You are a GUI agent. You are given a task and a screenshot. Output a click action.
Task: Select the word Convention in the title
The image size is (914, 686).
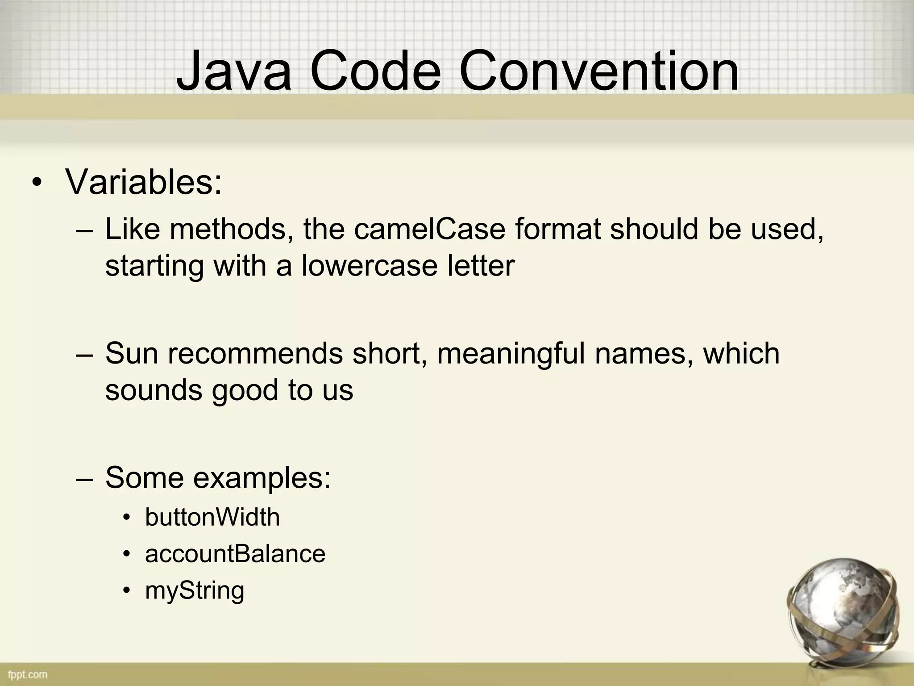[598, 71]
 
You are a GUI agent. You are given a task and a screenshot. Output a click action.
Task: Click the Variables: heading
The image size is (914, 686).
[143, 182]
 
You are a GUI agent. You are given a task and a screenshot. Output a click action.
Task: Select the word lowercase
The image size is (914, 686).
[369, 265]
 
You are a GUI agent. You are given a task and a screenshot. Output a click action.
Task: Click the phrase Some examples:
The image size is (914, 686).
[218, 477]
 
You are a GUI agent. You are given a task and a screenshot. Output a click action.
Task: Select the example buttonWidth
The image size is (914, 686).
[212, 517]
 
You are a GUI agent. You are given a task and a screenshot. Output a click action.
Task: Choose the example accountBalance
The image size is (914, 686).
[235, 554]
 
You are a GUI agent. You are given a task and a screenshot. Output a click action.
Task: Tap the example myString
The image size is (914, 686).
[195, 590]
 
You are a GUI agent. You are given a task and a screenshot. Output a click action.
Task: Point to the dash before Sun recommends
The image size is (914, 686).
[84, 354]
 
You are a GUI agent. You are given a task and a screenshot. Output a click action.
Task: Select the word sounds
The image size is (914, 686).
[153, 389]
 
